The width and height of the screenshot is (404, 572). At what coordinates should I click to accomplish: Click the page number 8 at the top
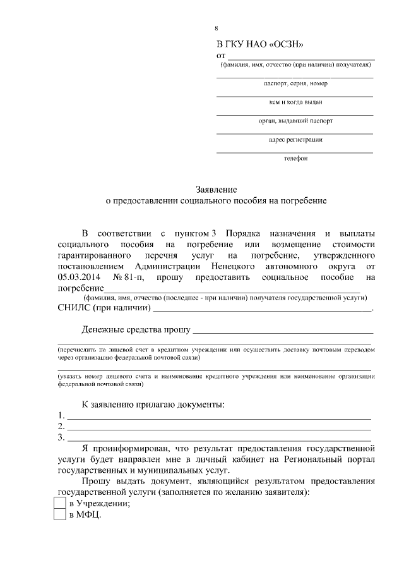[x=216, y=28]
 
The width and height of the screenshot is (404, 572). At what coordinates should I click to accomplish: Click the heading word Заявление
[x=215, y=189]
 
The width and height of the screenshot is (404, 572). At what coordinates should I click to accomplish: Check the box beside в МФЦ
[x=60, y=515]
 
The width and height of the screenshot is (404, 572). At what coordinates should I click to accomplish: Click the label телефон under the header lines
[x=295, y=158]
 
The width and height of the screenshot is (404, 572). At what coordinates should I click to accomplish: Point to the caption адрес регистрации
[x=295, y=140]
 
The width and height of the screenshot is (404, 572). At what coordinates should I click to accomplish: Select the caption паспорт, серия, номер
[x=295, y=83]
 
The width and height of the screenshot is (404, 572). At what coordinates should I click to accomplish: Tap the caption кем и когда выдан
[x=295, y=102]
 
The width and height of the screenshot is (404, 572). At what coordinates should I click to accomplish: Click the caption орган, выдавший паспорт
[x=295, y=121]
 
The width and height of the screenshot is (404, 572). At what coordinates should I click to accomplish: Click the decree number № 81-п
[x=129, y=277]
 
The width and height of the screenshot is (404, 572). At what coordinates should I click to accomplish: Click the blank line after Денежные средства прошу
[x=283, y=331]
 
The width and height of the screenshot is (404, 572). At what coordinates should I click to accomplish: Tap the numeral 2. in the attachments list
[x=61, y=426]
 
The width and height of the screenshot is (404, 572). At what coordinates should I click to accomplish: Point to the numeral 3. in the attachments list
[x=61, y=437]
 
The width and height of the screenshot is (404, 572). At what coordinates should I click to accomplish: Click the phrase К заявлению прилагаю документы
[x=153, y=404]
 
